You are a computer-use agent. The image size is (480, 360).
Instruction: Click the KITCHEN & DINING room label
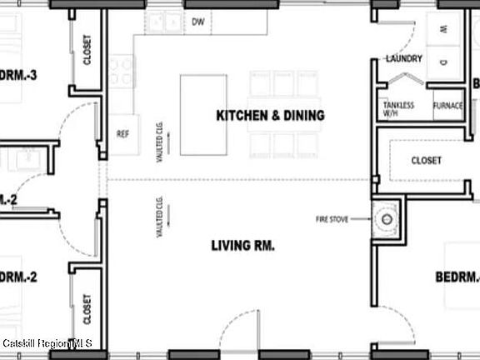pyautogui.click(x=270, y=116)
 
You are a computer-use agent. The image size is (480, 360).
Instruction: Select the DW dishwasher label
pyautogui.click(x=198, y=22)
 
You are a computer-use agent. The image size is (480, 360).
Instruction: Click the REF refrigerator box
pyautogui.click(x=122, y=133)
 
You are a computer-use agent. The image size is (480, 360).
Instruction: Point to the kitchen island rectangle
pyautogui.click(x=204, y=115)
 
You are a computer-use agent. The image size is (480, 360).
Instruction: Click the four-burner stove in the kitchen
pyautogui.click(x=118, y=71)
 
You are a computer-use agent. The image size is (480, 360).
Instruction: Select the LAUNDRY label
pyautogui.click(x=404, y=59)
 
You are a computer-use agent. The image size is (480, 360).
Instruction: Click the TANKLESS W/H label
pyautogui.click(x=398, y=109)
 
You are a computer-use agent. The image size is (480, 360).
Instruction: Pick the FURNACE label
pyautogui.click(x=447, y=106)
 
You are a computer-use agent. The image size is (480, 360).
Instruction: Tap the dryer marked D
pyautogui.click(x=443, y=61)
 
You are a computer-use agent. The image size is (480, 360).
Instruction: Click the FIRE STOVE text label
pyautogui.click(x=332, y=219)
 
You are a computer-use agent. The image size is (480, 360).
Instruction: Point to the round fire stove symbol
pyautogui.click(x=386, y=220)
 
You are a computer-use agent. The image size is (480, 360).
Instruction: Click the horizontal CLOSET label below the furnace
pyautogui.click(x=425, y=160)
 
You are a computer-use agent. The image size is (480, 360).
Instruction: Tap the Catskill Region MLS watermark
pyautogui.click(x=47, y=343)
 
